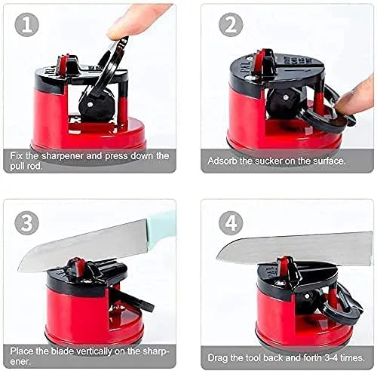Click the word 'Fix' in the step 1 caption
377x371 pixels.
pos(18,155)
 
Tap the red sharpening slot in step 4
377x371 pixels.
pos(284,267)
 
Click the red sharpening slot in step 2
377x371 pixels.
pos(265,60)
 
